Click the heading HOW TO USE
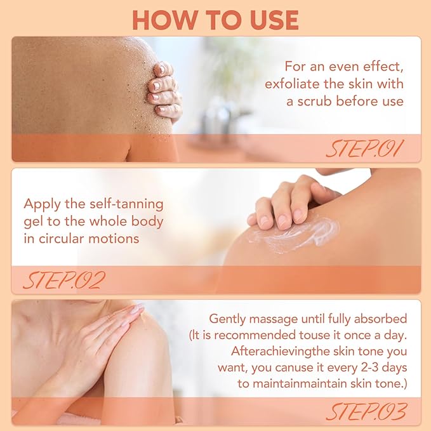216,20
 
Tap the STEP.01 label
365,149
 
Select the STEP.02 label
65,280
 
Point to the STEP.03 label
366,411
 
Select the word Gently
227,319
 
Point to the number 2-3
373,368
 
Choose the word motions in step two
114,239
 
